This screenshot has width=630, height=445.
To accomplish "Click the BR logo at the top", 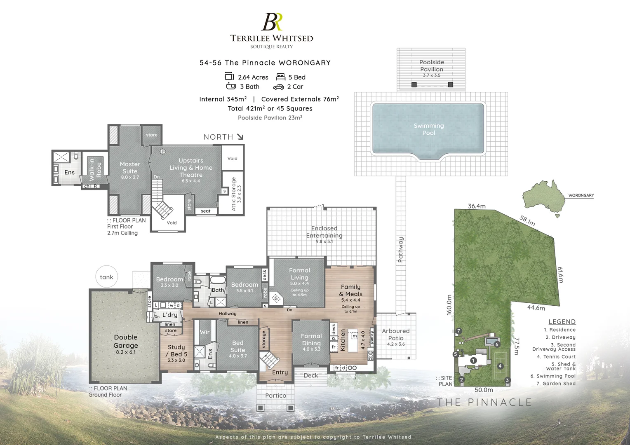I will coord(272,22).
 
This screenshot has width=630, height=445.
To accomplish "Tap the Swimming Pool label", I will coord(428,129).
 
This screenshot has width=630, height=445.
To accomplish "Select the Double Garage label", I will coord(126,342).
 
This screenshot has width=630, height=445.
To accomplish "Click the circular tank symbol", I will coord(106,277).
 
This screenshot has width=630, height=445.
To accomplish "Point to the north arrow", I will coord(240,137).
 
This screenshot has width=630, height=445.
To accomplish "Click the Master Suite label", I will coord(130,168).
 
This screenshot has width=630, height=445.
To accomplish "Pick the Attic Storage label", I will coord(233,194).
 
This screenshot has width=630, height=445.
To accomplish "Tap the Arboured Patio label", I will coord(396,335).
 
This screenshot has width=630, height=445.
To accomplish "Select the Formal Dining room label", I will coord(311,340).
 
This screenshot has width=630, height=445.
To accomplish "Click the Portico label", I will coord(275,396).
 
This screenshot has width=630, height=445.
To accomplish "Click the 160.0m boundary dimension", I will coord(449,305).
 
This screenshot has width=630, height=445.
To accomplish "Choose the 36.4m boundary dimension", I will coord(477,206).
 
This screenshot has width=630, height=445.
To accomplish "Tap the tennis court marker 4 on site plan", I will coord(500,366).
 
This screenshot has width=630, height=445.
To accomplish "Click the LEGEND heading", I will coord(562,322).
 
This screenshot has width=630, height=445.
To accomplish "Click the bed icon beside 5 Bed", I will coord(281,77).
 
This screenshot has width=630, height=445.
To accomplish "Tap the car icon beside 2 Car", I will coord(278,87).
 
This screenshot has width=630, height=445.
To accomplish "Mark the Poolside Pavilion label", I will coord(432,66).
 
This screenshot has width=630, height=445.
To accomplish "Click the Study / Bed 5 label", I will coord(176,351).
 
